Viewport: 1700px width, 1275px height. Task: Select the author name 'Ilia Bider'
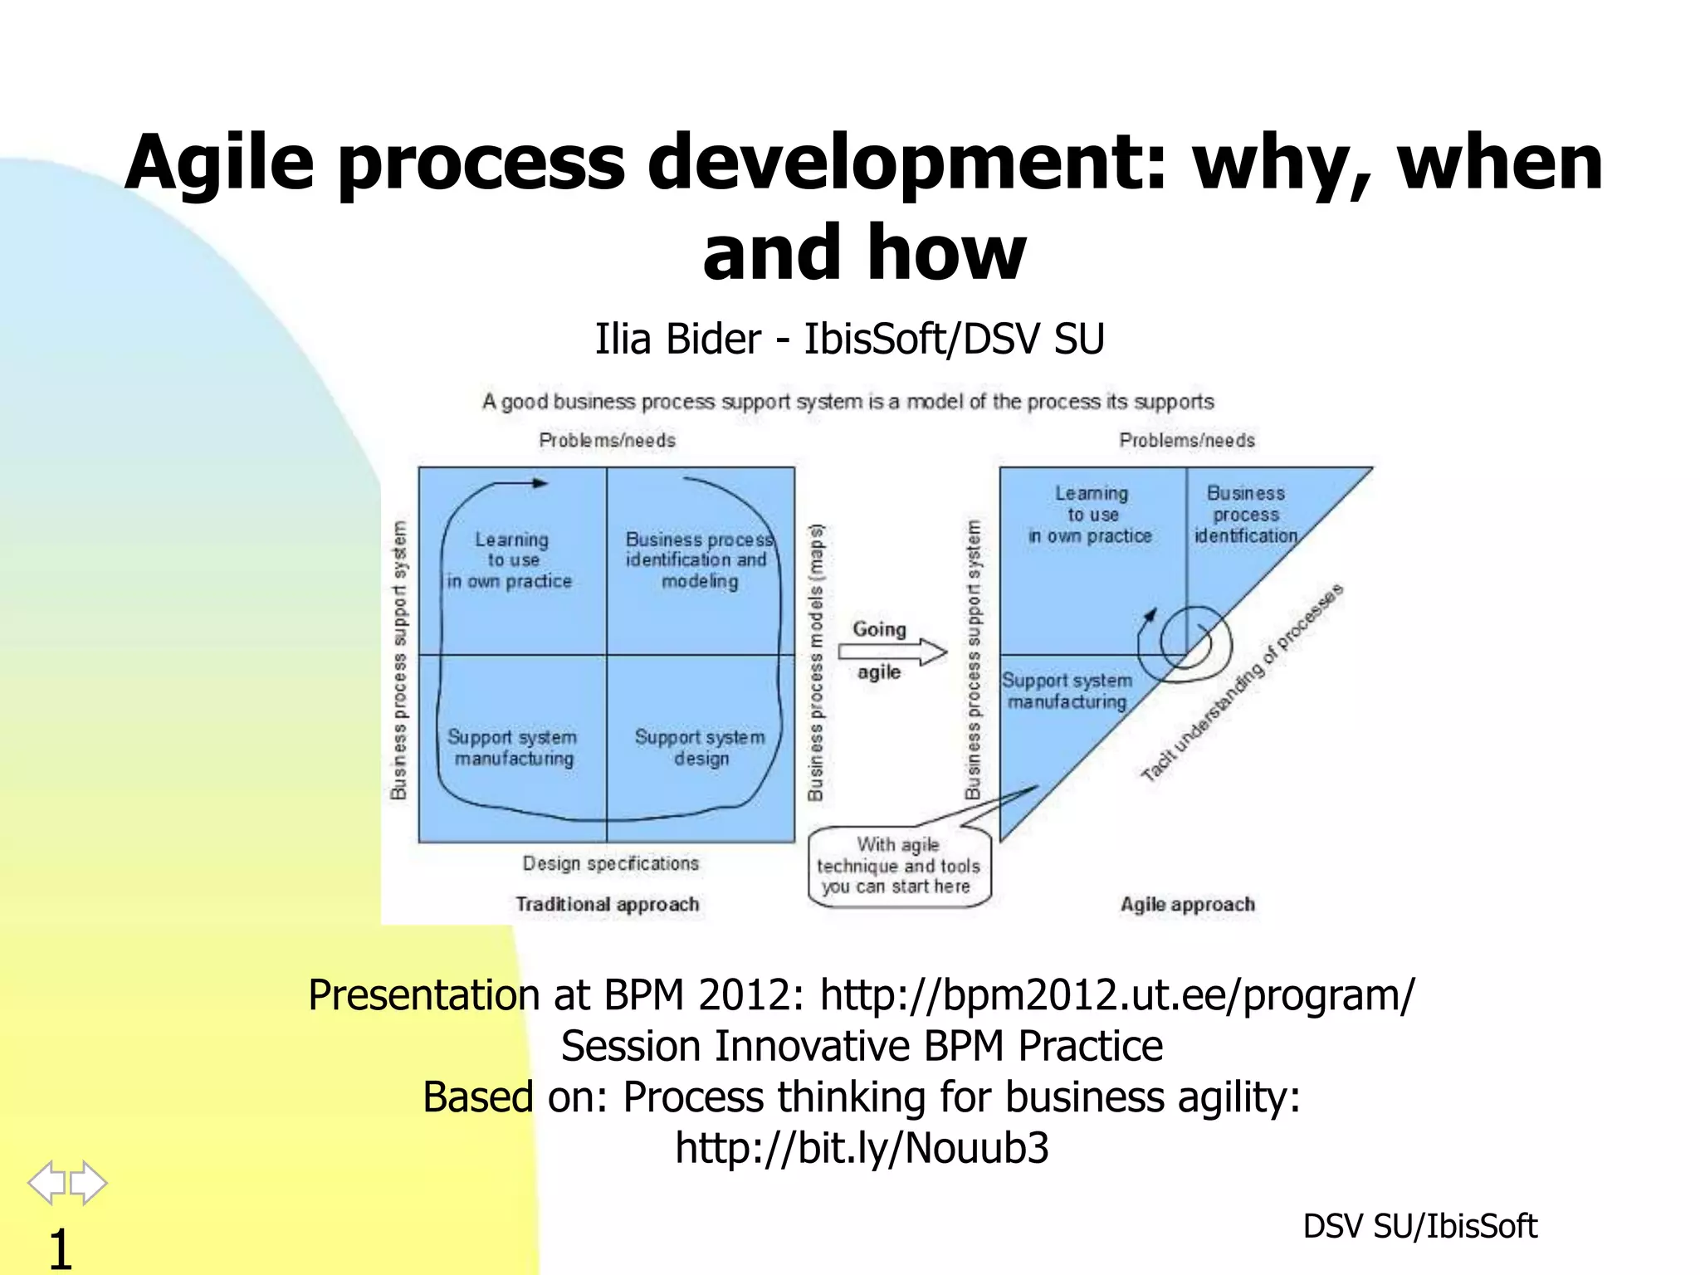677,339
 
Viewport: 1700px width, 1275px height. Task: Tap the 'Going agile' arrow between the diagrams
893,651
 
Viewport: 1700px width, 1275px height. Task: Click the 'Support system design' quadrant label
700,747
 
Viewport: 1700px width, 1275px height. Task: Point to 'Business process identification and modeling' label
699,560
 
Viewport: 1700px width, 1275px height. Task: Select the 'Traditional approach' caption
608,904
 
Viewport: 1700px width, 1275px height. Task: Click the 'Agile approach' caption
1188,904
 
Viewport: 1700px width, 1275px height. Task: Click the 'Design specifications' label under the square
611,863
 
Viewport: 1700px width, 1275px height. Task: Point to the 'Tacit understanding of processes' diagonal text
1242,682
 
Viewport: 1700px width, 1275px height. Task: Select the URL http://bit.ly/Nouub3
862,1148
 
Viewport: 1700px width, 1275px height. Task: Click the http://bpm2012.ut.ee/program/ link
1116,994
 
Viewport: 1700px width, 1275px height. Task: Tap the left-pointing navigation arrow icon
46,1182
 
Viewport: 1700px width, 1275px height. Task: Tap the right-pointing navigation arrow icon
89,1182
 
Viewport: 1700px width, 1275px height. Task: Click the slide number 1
60,1248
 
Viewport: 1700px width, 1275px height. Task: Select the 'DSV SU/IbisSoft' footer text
1419,1226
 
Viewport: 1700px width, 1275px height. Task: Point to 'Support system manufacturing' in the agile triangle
1067,691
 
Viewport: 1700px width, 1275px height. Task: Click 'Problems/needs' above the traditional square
607,440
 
